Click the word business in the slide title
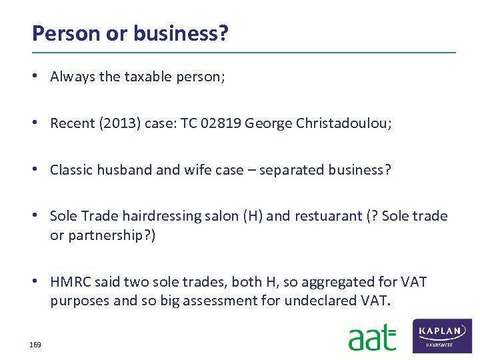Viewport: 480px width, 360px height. click(x=174, y=33)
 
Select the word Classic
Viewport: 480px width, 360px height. click(x=71, y=169)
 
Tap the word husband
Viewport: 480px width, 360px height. click(x=124, y=169)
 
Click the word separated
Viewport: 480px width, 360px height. click(x=295, y=169)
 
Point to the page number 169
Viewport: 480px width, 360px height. click(x=35, y=345)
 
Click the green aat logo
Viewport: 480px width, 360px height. click(x=372, y=337)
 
